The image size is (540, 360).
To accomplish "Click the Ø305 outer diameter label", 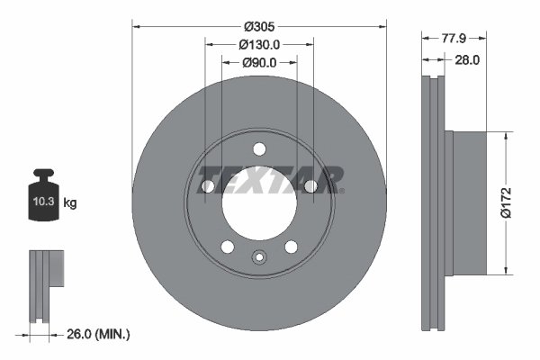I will tap(259, 26).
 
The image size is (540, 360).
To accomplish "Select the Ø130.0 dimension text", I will tap(259, 44).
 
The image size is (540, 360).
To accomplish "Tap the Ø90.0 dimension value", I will tap(259, 62).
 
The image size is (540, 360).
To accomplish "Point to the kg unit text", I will tap(70, 204).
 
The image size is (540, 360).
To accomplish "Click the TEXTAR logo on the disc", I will tap(270, 180).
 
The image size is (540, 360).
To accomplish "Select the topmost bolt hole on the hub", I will tap(259, 149).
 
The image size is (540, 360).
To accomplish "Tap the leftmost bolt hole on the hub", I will tap(208, 186).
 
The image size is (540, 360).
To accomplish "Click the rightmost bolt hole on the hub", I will tap(310, 186).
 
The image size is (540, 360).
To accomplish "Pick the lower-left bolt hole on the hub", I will tap(227, 247).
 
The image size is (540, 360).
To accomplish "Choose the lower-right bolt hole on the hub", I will tap(291, 247).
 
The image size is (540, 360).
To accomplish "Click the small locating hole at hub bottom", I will tap(259, 258).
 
